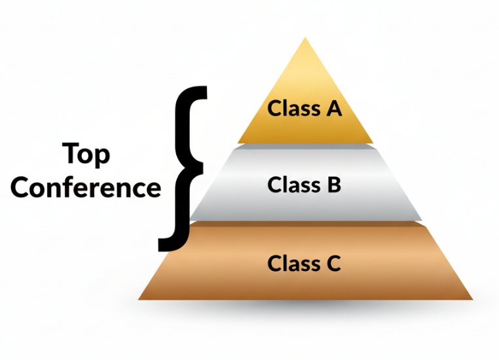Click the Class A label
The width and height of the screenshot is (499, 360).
305,107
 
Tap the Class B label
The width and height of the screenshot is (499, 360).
305,185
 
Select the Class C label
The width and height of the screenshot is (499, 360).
305,264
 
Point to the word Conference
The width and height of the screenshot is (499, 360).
86,188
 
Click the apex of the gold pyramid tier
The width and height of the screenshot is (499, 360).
305,39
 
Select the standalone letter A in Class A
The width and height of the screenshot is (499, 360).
333,107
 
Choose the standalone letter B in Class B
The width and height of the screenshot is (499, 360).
333,185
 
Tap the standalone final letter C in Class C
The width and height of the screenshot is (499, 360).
333,264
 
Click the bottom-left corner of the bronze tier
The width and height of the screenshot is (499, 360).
139,299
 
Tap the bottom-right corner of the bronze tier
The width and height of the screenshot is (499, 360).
471,299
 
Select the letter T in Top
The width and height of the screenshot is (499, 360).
71,154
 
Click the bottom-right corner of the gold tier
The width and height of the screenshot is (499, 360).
372,142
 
